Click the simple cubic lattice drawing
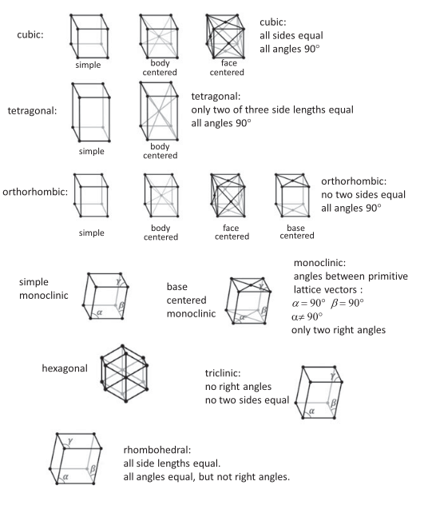click(x=89, y=36)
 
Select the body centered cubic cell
click(x=159, y=36)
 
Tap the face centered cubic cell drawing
click(x=225, y=36)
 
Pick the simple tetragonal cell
click(x=90, y=112)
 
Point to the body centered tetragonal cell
click(x=159, y=111)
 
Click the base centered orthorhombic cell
click(x=292, y=195)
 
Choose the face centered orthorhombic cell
click(x=228, y=195)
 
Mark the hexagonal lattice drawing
click(x=125, y=373)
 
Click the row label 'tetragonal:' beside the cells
click(x=32, y=111)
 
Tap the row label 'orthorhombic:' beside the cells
click(x=35, y=192)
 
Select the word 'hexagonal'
click(x=65, y=368)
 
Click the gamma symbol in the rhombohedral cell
click(x=69, y=441)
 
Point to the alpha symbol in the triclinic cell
click(x=311, y=411)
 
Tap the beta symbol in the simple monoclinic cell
click(x=121, y=305)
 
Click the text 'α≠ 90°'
click(x=307, y=317)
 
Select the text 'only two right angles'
click(x=339, y=330)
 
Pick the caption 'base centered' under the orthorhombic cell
click(x=296, y=232)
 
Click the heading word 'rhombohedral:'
click(x=157, y=450)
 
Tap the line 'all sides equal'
click(x=291, y=35)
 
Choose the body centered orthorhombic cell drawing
click(x=161, y=195)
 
